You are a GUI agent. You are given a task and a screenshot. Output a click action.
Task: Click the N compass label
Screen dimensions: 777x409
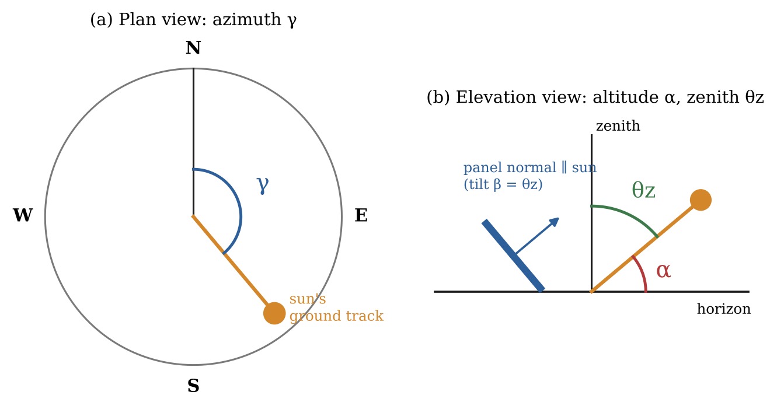click(193, 48)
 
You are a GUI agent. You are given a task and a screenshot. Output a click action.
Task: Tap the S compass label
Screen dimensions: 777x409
click(193, 386)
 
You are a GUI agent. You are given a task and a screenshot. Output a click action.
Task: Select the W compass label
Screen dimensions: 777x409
click(23, 215)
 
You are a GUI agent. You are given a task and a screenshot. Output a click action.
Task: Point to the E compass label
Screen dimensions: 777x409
click(361, 215)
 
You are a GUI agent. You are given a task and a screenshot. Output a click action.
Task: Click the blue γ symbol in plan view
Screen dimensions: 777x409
click(263, 184)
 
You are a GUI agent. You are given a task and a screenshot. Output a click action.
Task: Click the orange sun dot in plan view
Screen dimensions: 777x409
click(274, 313)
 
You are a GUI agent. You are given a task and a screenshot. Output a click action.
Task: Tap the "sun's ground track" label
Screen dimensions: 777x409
click(336, 307)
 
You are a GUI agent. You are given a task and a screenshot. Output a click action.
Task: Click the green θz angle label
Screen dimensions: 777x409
click(643, 190)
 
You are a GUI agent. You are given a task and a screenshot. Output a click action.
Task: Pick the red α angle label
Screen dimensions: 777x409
click(663, 271)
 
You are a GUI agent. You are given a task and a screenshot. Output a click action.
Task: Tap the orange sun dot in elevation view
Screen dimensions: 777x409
click(701, 200)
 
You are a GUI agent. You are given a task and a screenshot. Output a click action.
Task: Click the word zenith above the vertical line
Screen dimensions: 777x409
click(618, 126)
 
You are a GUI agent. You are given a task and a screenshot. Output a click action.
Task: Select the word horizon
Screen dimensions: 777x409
click(723, 309)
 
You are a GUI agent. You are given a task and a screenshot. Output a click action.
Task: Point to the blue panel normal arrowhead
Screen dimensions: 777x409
click(555, 221)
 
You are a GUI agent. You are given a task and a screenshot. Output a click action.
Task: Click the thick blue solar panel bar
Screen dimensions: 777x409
click(513, 256)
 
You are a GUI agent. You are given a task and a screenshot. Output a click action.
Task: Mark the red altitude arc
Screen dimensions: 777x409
click(642, 271)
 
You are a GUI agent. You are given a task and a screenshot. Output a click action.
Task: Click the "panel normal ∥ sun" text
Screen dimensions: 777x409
click(529, 168)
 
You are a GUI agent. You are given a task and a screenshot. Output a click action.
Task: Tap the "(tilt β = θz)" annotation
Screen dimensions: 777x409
click(503, 184)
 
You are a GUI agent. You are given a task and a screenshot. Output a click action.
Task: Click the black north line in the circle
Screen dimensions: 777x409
click(194, 142)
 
